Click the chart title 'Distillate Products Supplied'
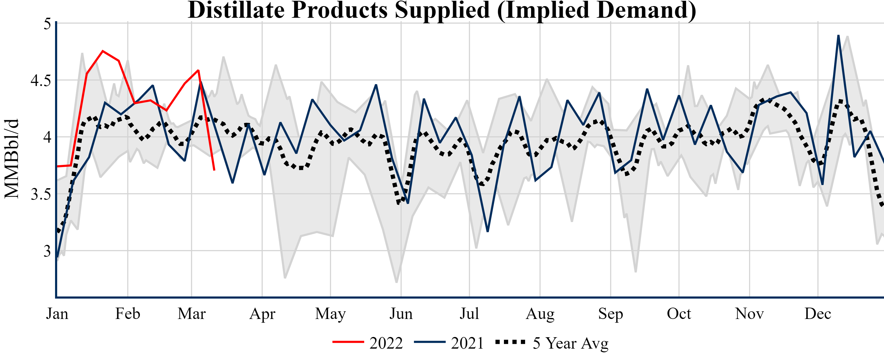(x=442, y=10)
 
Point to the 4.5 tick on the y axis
(x=40, y=81)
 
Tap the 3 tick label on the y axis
(x=47, y=251)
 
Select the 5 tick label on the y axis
(x=47, y=24)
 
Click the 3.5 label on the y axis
(x=40, y=195)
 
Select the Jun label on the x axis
(x=401, y=314)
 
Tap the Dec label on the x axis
(x=818, y=314)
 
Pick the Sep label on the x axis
(x=611, y=314)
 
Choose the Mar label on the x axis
(x=191, y=314)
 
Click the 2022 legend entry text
(x=386, y=343)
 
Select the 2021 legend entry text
(x=467, y=343)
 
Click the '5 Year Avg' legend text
(x=570, y=343)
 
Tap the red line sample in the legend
(x=348, y=342)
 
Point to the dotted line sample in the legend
(x=510, y=342)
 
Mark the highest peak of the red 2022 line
(x=103, y=51)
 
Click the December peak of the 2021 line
(x=838, y=35)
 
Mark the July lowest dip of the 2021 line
(x=488, y=231)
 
